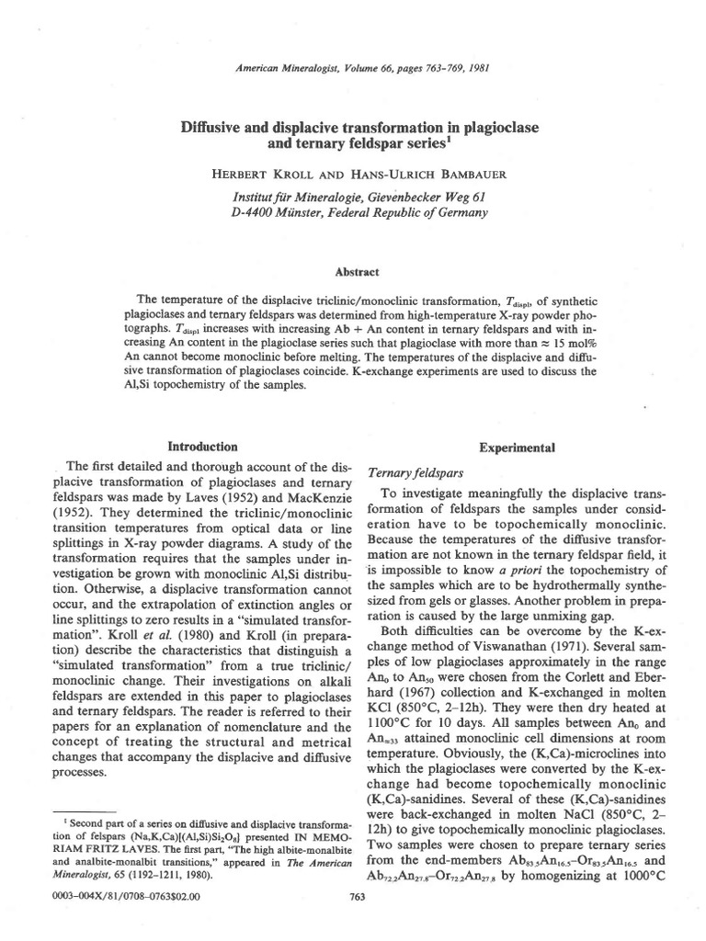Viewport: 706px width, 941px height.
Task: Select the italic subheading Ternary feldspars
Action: pyautogui.click(x=407, y=472)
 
